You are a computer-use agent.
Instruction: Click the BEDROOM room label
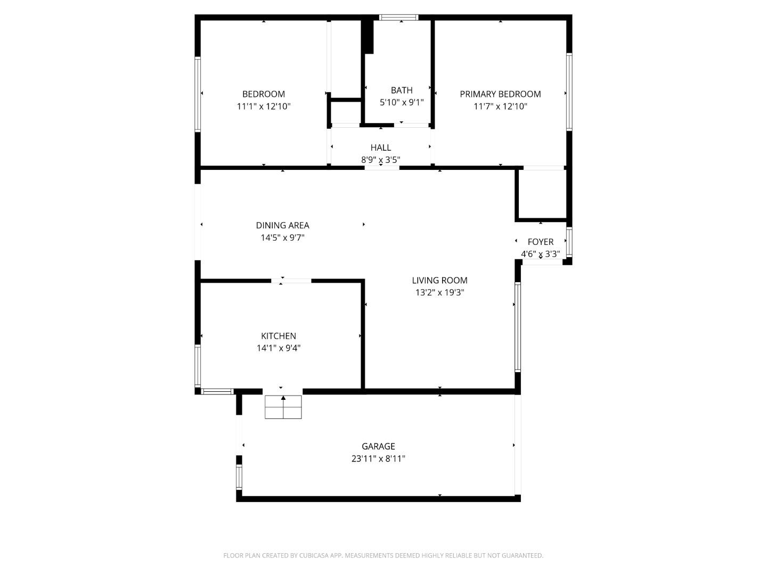pyautogui.click(x=264, y=94)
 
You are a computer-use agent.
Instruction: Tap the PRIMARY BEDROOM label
pyautogui.click(x=500, y=94)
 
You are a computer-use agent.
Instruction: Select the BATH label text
pyautogui.click(x=402, y=91)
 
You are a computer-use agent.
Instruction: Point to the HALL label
pyautogui.click(x=381, y=147)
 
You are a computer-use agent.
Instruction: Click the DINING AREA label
pyautogui.click(x=282, y=225)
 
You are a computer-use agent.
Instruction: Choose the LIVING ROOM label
pyautogui.click(x=439, y=280)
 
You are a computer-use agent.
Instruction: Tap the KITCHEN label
pyautogui.click(x=279, y=336)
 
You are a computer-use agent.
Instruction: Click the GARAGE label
pyautogui.click(x=378, y=446)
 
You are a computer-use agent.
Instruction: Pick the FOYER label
pyautogui.click(x=541, y=242)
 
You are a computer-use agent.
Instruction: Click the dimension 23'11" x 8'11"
pyautogui.click(x=378, y=458)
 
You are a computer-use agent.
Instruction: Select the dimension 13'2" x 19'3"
pyautogui.click(x=439, y=292)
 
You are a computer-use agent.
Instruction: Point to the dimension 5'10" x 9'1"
pyautogui.click(x=402, y=102)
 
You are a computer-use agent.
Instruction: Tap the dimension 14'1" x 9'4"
pyautogui.click(x=279, y=348)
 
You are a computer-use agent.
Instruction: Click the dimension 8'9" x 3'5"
pyautogui.click(x=381, y=159)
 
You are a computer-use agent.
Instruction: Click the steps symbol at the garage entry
pyautogui.click(x=283, y=407)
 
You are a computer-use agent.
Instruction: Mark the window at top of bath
pyautogui.click(x=399, y=18)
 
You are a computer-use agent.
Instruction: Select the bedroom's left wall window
pyautogui.click(x=198, y=94)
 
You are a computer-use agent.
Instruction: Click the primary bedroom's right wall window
pyautogui.click(x=569, y=92)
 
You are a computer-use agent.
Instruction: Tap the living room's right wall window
pyautogui.click(x=517, y=326)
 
